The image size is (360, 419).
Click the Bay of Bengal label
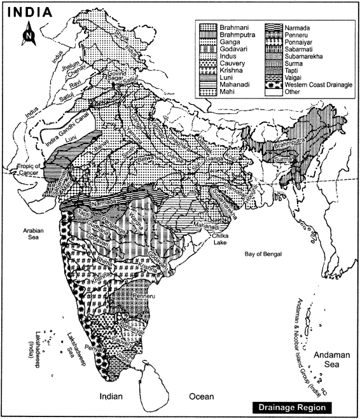268,254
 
